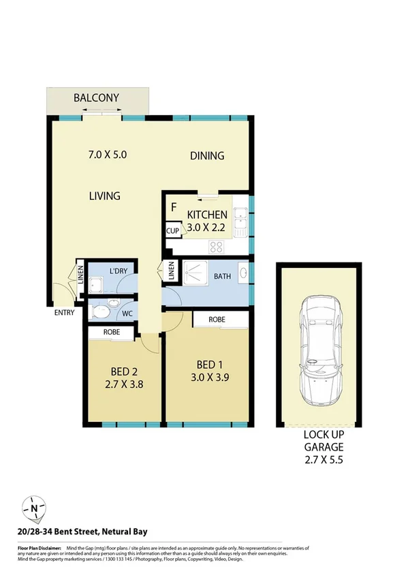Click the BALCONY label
point(97,98)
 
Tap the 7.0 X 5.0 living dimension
point(108,155)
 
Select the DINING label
point(206,156)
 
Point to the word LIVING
point(104,196)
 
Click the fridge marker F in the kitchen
point(174,207)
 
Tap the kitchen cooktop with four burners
point(218,246)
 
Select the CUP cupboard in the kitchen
point(172,231)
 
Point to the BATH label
point(222,277)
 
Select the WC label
point(126,314)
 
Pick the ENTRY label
point(65,314)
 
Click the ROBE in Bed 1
point(217,319)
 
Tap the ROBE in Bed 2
point(112,333)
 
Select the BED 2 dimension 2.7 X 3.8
point(125,384)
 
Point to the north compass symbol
point(33,508)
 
